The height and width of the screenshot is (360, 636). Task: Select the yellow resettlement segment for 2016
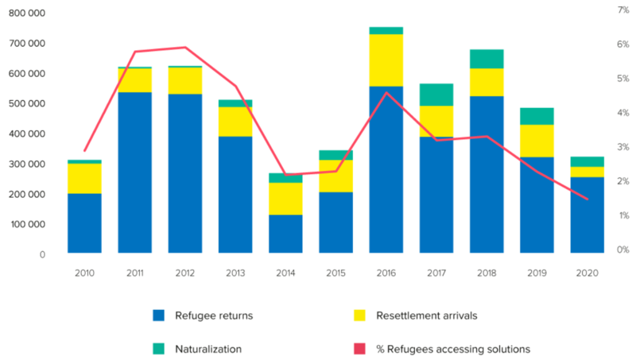click(386, 60)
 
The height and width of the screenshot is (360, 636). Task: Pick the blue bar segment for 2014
click(285, 234)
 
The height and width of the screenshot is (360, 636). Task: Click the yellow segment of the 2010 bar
click(84, 178)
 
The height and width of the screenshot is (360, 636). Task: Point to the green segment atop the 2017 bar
click(436, 95)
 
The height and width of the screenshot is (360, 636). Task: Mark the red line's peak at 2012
click(185, 48)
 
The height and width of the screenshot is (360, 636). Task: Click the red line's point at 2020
click(587, 199)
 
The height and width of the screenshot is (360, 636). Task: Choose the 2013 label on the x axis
click(235, 273)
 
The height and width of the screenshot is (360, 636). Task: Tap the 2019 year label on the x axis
click(537, 273)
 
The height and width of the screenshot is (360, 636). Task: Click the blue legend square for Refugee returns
click(159, 315)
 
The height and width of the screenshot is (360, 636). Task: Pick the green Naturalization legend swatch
click(159, 348)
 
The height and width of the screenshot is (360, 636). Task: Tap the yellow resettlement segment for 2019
click(537, 141)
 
